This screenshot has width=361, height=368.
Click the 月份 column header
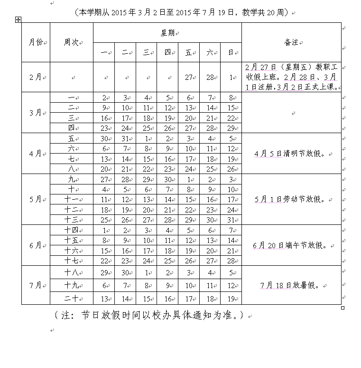tap(36, 42)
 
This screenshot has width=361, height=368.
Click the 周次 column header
tap(71, 42)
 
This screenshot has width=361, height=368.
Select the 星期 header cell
tap(167, 32)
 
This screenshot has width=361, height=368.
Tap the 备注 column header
tap(291, 42)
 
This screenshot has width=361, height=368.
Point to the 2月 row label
tap(36, 77)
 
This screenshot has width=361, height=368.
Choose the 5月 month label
tap(36, 199)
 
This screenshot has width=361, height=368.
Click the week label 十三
tap(71, 220)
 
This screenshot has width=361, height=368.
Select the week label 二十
tap(71, 299)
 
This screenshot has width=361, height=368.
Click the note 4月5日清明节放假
tap(290, 154)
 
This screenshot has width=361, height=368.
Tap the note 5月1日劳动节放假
tap(290, 199)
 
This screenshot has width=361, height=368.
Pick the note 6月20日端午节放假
tap(290, 245)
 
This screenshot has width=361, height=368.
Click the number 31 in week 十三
tap(231, 220)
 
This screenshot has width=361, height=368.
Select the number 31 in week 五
tap(125, 138)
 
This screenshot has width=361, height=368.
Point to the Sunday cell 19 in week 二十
tap(231, 299)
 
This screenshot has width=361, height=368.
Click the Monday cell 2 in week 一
tap(103, 97)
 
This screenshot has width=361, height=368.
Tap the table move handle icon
tap(18, 19)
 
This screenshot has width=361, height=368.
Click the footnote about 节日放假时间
tap(149, 315)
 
